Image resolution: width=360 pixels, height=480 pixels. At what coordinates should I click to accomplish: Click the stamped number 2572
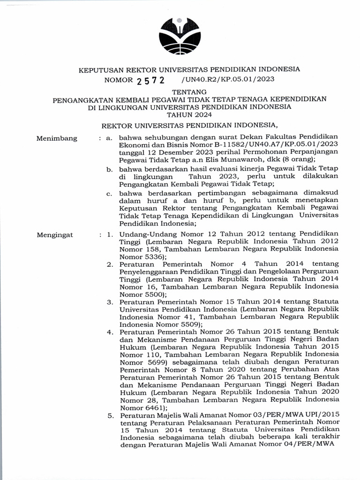(x=151, y=80)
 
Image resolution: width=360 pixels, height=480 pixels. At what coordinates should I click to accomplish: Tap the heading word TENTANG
(x=180, y=92)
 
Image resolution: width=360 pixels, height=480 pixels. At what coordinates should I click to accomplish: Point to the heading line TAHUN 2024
(x=180, y=114)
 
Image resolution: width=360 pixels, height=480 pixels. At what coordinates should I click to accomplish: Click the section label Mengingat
(x=55, y=235)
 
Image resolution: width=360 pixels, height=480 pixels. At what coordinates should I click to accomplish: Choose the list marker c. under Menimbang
(x=109, y=193)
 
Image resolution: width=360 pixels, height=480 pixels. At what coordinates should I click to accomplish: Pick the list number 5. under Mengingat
(x=110, y=415)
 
